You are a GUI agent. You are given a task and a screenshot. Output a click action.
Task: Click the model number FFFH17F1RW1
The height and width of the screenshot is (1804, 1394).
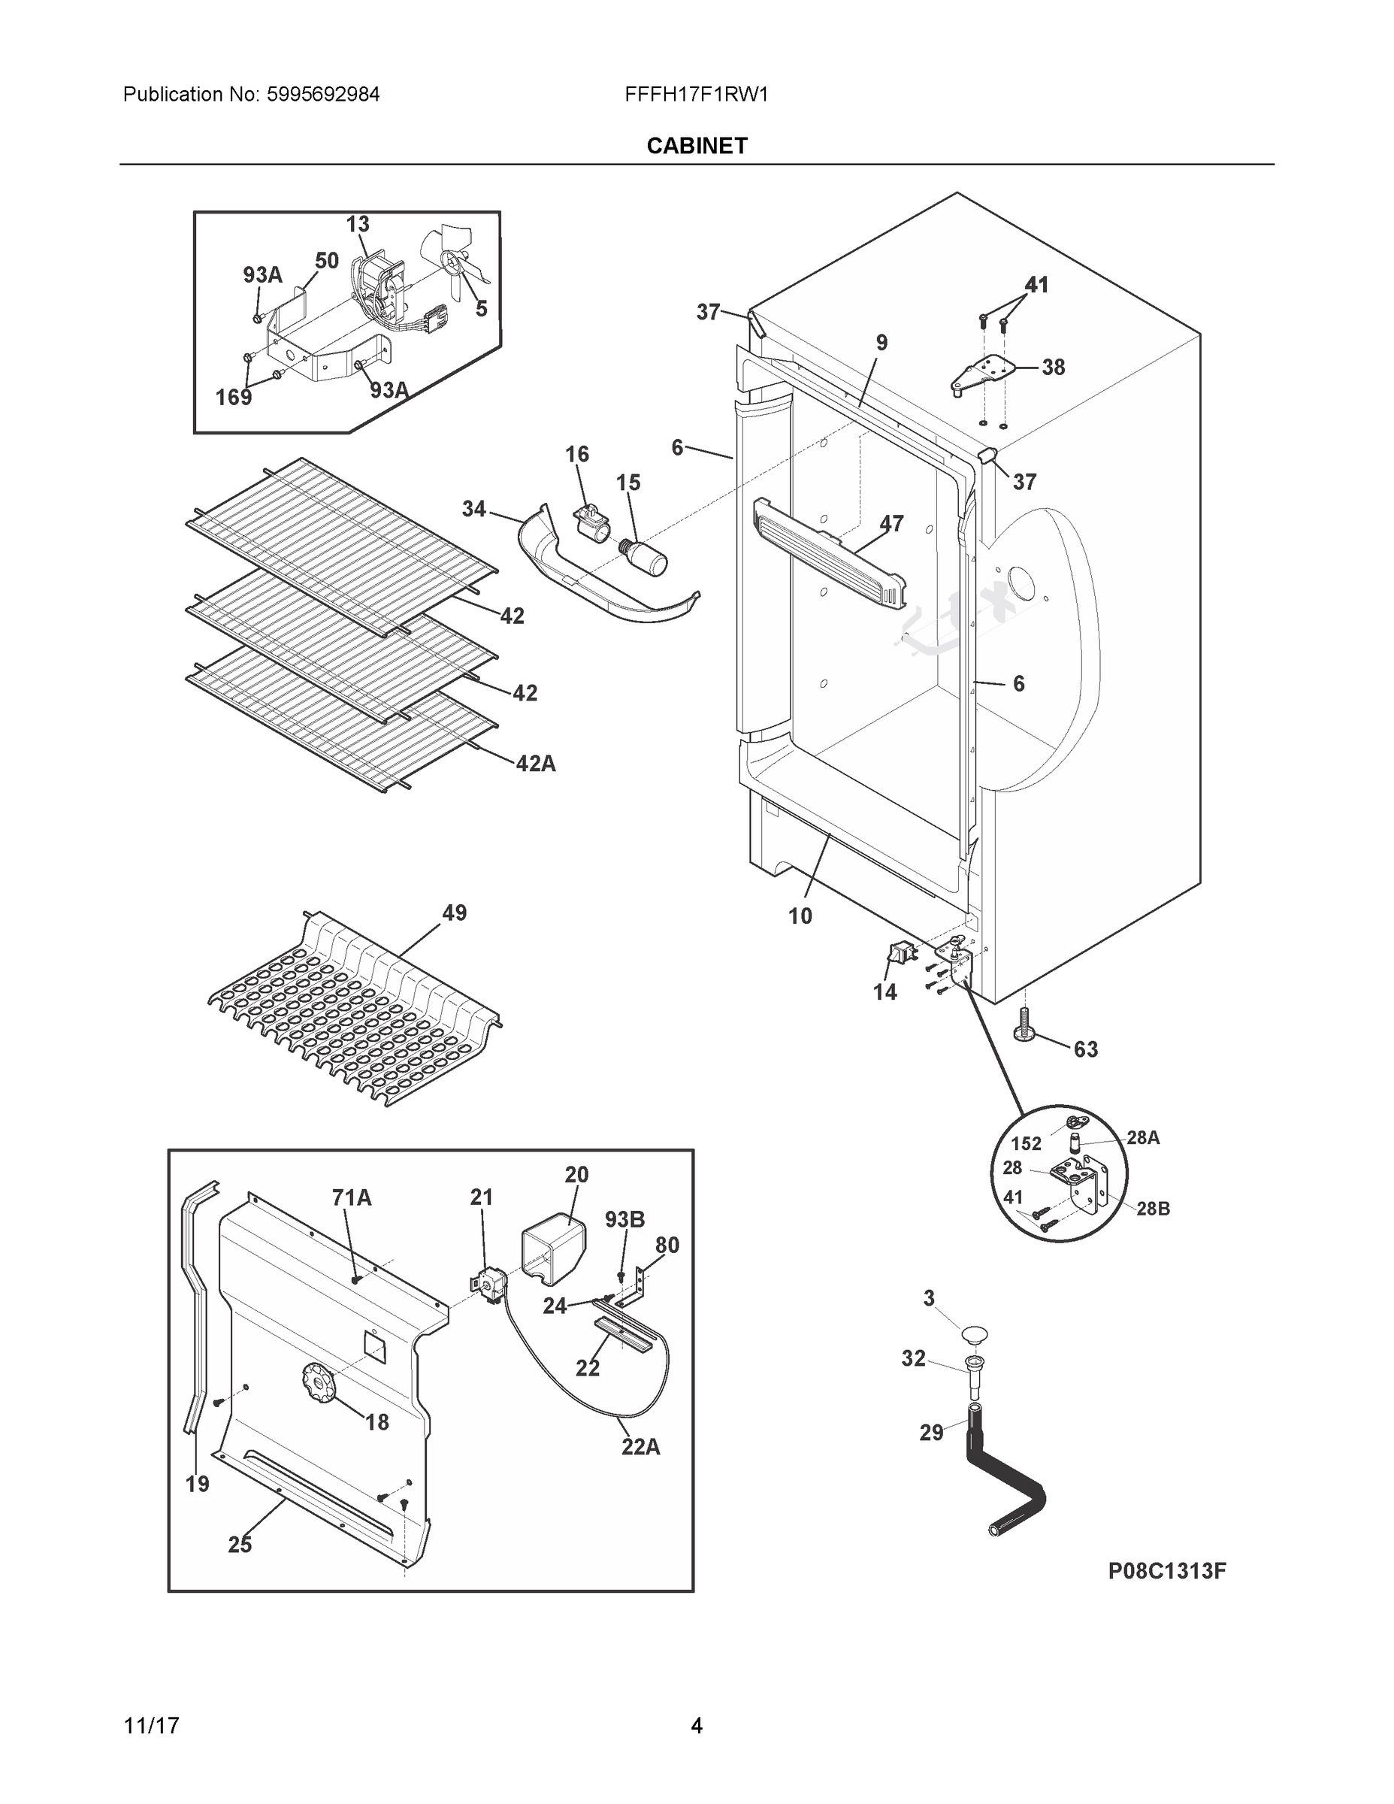coord(696,95)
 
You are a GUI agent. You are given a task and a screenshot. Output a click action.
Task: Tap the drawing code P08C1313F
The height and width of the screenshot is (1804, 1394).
coord(1166,1571)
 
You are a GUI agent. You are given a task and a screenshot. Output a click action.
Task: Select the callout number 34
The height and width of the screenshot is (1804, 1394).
coord(473,509)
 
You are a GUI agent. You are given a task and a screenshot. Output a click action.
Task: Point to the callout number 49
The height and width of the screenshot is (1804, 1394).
coord(454,913)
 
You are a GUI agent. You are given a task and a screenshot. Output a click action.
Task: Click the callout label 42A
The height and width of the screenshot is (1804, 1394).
coord(535,764)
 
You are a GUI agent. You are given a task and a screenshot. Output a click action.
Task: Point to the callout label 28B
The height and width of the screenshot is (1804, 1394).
coord(1153,1209)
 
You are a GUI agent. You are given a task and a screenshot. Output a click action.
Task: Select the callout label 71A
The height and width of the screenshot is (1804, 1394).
coord(352,1197)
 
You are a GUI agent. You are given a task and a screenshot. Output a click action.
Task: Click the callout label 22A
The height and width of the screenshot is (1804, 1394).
coord(641,1447)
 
